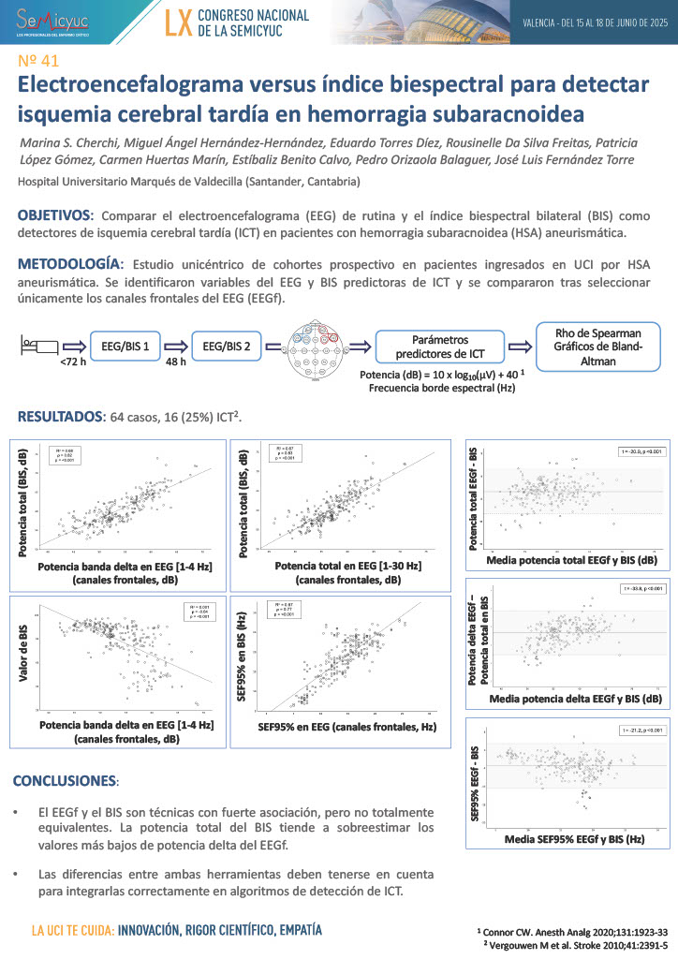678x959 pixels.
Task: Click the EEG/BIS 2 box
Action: [226, 346]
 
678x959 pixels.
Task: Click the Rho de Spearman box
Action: [598, 345]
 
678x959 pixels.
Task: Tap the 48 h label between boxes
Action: [176, 361]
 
